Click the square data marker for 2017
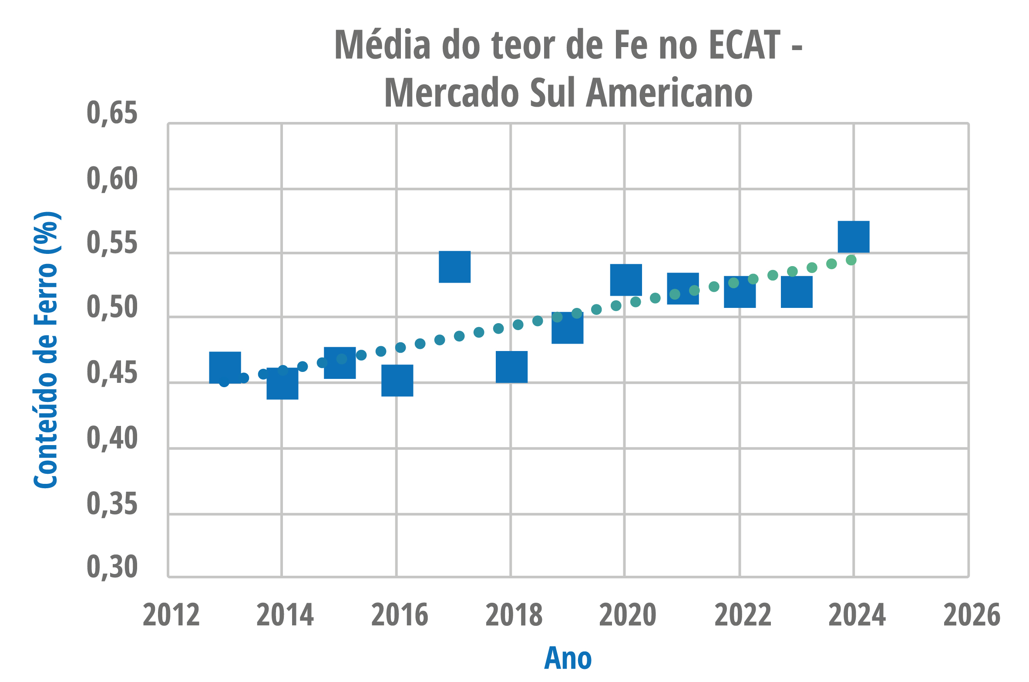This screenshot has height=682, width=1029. point(454,267)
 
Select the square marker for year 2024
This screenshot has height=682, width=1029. point(854,237)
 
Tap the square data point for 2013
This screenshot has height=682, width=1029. point(225,368)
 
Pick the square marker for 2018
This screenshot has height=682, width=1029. point(511,367)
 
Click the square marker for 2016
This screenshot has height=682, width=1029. point(397,381)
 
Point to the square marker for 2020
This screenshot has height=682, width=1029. point(626,280)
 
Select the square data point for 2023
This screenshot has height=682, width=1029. point(797,292)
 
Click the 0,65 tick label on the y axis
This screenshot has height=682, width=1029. point(112,113)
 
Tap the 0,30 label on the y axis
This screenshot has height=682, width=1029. point(112,567)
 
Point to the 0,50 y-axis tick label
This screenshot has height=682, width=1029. point(112,307)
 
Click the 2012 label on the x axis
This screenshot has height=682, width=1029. point(171,615)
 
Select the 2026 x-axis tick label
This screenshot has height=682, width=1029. point(972,615)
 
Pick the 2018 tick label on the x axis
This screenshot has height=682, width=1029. point(514,615)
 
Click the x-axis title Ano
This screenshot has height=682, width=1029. point(568,658)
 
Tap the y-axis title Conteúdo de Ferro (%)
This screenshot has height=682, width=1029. point(47,351)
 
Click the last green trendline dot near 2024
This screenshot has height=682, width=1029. point(851,260)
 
